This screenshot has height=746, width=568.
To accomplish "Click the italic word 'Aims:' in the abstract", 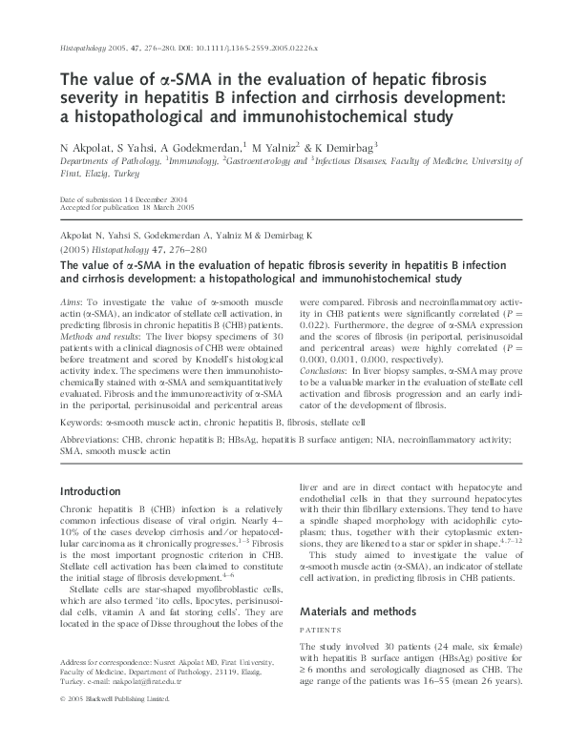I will [73, 302].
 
